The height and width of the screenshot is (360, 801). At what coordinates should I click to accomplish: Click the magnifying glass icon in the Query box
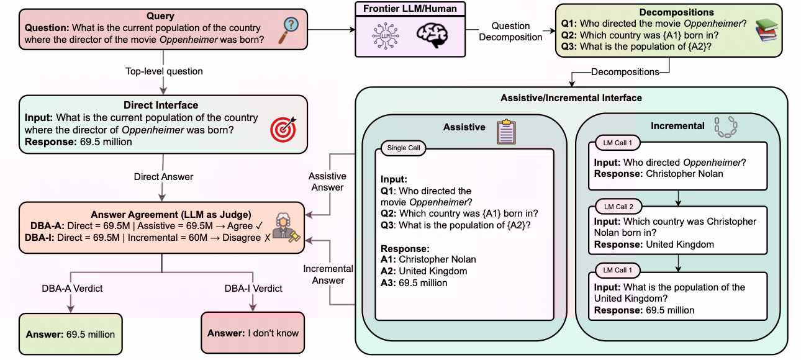click(x=288, y=31)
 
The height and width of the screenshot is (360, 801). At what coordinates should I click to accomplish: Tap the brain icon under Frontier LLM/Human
click(x=432, y=35)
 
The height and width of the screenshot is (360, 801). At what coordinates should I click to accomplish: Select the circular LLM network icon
click(x=386, y=36)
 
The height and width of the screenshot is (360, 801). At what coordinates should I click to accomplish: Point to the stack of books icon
click(x=766, y=30)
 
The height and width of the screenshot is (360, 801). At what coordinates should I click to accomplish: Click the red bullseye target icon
click(x=283, y=129)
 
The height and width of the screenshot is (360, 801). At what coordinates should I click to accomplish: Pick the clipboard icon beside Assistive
click(x=506, y=132)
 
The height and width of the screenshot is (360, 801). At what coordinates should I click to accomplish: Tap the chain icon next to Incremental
click(x=725, y=127)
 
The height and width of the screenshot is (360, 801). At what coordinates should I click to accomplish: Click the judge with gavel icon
click(x=286, y=227)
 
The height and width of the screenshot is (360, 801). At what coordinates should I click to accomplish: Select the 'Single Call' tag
click(x=404, y=148)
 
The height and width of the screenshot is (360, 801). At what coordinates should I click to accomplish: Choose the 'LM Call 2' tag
click(x=618, y=207)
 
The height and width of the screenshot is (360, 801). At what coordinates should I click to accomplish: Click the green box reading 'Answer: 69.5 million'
click(x=70, y=335)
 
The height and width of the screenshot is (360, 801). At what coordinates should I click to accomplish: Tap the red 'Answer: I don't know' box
click(x=253, y=333)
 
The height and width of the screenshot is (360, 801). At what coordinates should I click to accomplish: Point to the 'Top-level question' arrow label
click(x=164, y=71)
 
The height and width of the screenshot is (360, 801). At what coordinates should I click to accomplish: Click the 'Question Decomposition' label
click(x=510, y=32)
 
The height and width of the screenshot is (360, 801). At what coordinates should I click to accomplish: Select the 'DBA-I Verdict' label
click(x=253, y=288)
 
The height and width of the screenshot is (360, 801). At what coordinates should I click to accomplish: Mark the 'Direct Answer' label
click(x=163, y=177)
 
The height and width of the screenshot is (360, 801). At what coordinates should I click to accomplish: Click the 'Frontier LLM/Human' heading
click(x=410, y=9)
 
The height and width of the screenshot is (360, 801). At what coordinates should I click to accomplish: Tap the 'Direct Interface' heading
click(x=161, y=105)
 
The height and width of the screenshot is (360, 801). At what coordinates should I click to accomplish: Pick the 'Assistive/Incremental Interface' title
click(x=571, y=98)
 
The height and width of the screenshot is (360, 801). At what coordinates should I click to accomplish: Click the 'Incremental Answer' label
click(x=328, y=274)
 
